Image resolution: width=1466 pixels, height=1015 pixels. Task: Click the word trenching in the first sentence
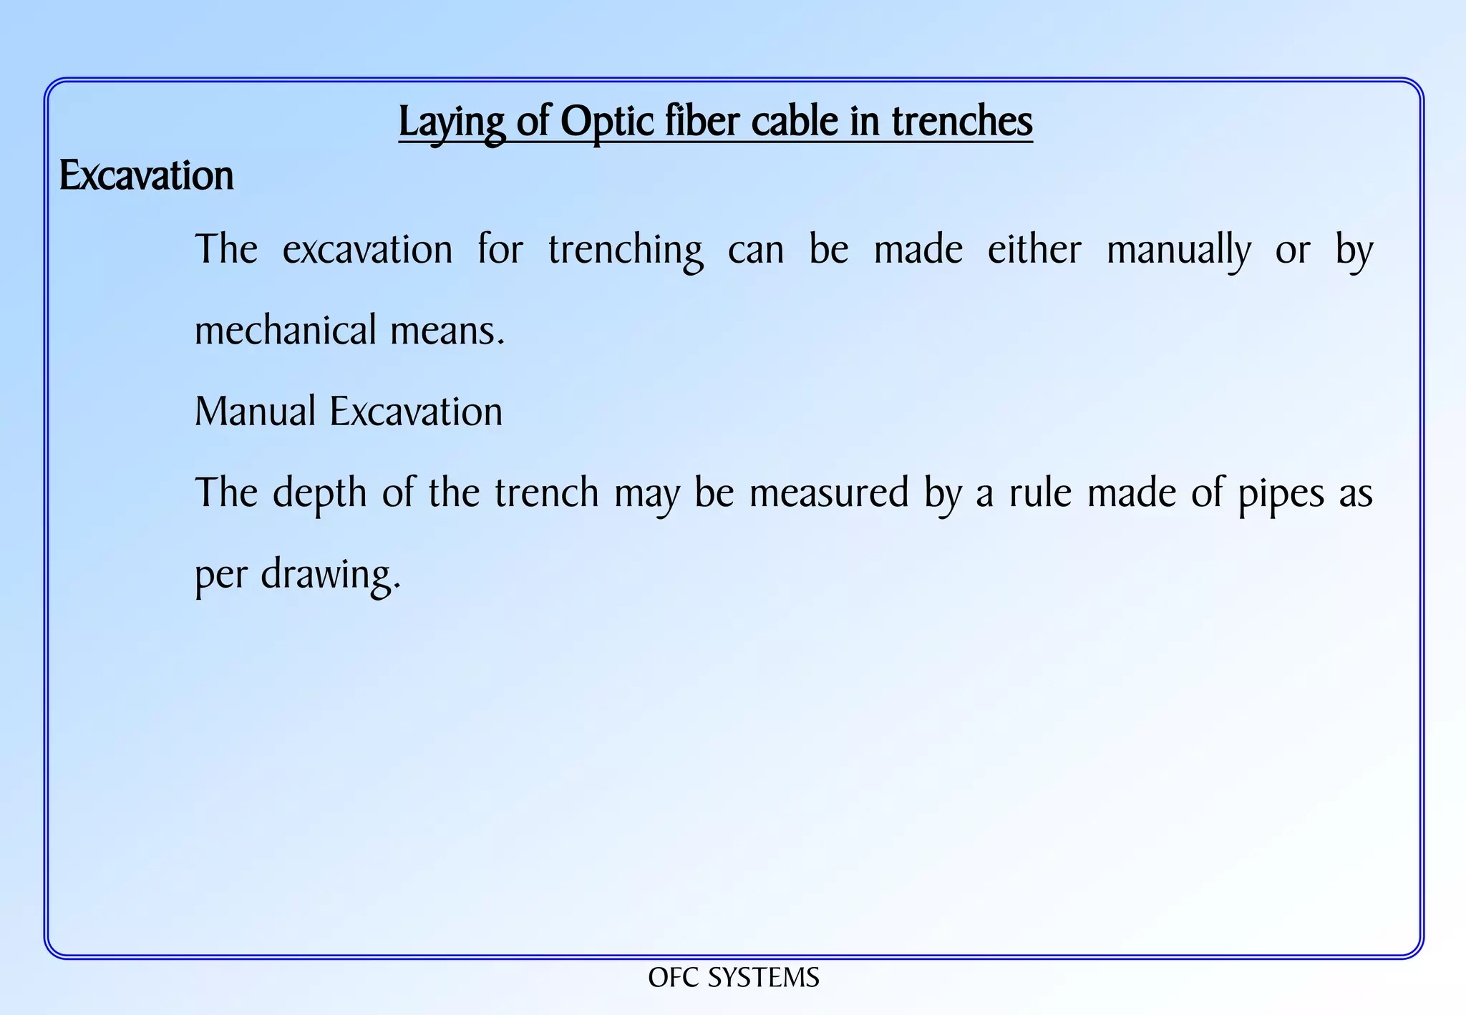pyautogui.click(x=625, y=251)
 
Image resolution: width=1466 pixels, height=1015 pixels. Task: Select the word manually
pyautogui.click(x=1178, y=251)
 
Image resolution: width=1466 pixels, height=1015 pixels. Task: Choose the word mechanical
pyautogui.click(x=286, y=330)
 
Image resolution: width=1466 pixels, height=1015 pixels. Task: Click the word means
pyautogui.click(x=447, y=331)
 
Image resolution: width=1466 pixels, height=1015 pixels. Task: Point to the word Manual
pyautogui.click(x=255, y=412)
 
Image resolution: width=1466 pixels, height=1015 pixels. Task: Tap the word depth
pyautogui.click(x=319, y=494)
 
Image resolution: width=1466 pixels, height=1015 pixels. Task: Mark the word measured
pyautogui.click(x=828, y=493)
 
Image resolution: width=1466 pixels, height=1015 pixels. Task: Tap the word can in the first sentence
pyautogui.click(x=756, y=251)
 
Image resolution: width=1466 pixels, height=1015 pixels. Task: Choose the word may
pyautogui.click(x=646, y=494)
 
